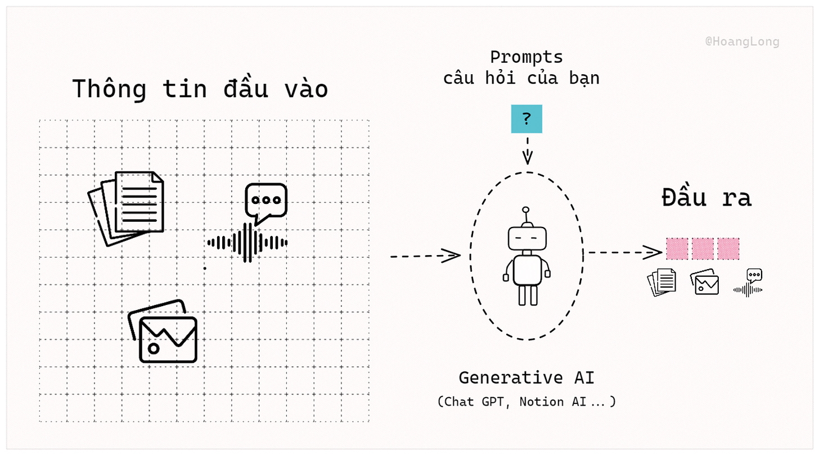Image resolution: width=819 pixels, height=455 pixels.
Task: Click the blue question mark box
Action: click(x=526, y=119)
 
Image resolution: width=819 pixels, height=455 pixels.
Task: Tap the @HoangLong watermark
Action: click(x=742, y=42)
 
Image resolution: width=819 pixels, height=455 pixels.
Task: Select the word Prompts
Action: click(x=526, y=57)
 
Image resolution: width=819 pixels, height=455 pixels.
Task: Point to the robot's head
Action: click(x=527, y=238)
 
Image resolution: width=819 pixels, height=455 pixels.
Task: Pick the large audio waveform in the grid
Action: click(x=247, y=243)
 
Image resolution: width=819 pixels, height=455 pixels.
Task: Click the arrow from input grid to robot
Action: click(x=425, y=256)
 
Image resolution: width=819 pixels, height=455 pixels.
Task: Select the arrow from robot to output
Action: click(x=624, y=252)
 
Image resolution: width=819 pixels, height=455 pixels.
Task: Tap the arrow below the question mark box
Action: click(x=527, y=149)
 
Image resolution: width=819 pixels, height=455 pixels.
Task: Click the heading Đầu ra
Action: click(x=706, y=199)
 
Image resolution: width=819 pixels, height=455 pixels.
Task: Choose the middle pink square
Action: click(x=703, y=249)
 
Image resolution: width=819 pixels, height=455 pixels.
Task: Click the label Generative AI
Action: click(x=526, y=377)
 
